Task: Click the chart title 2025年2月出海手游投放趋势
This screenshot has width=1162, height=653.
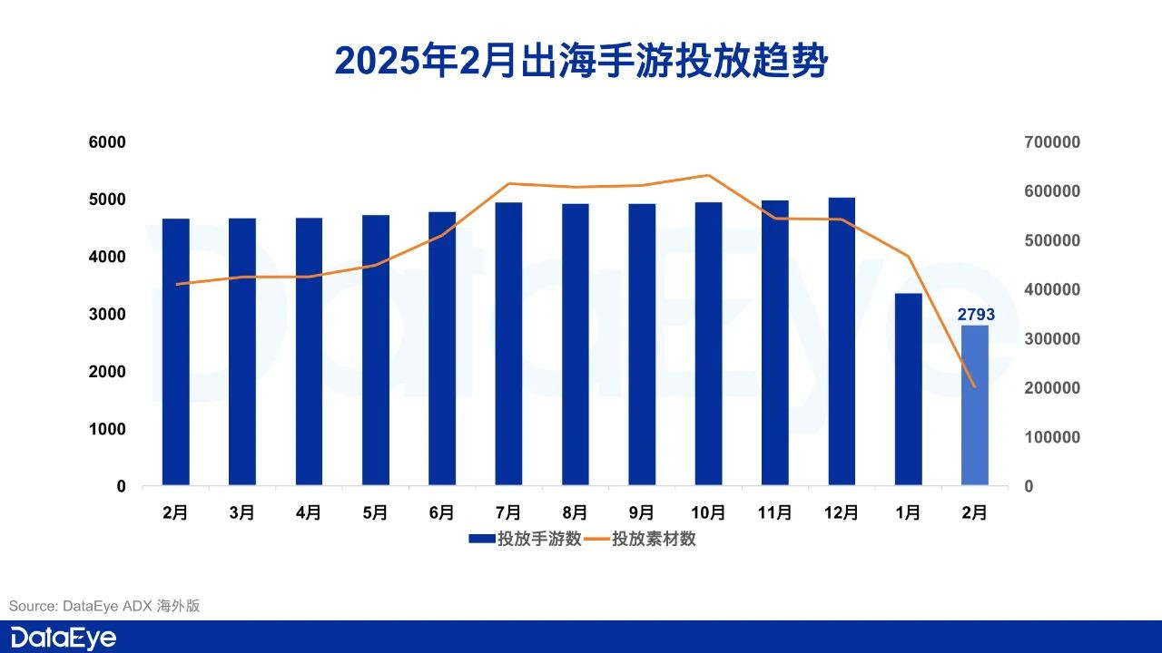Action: click(x=581, y=62)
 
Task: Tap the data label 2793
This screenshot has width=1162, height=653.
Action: click(x=976, y=315)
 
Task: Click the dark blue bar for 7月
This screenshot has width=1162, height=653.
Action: click(x=508, y=345)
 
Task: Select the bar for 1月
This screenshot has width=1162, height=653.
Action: click(x=908, y=390)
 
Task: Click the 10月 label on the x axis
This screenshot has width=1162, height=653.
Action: click(x=708, y=512)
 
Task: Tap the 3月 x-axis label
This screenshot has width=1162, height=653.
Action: click(x=242, y=512)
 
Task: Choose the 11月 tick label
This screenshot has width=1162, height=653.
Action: click(x=774, y=512)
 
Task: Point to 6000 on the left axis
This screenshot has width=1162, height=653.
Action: click(x=108, y=142)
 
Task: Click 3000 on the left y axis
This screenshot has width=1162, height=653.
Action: click(x=108, y=315)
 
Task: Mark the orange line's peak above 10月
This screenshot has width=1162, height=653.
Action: click(x=708, y=175)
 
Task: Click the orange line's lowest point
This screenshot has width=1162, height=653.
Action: click(x=975, y=387)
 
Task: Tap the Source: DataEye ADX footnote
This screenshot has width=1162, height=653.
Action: click(x=104, y=605)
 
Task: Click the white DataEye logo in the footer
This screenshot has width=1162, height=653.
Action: click(x=64, y=638)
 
